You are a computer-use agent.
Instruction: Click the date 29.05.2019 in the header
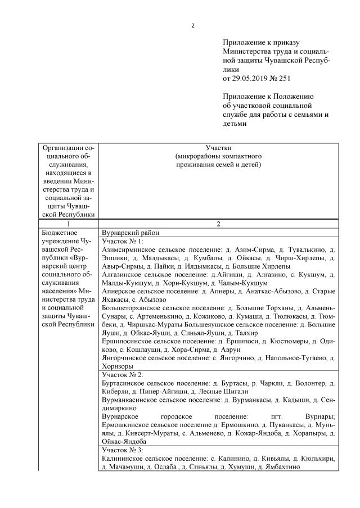[x=251, y=77]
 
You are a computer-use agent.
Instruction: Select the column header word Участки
[x=218, y=148]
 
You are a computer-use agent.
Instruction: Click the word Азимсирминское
[x=130, y=248]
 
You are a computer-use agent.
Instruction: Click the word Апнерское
[x=120, y=291]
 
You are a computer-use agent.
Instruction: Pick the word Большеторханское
[x=133, y=308]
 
